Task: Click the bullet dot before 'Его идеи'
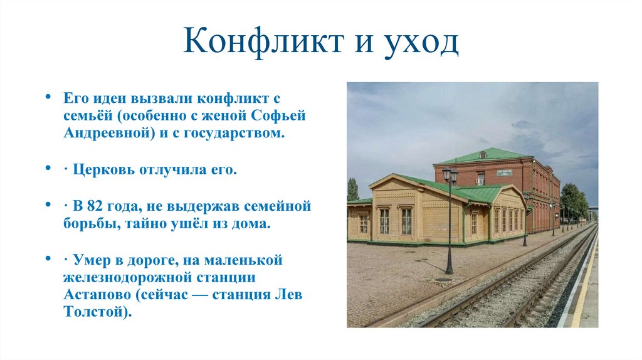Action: click(x=48, y=98)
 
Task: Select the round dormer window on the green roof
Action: click(x=482, y=154)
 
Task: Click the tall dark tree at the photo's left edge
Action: click(x=352, y=189)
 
